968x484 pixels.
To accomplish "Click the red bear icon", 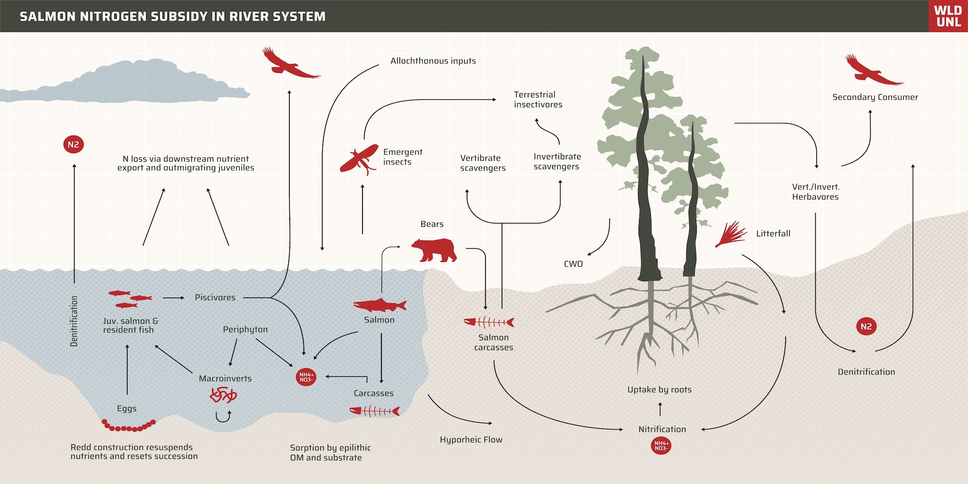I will pyautogui.click(x=434, y=250).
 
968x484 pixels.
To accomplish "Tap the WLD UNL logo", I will pyautogui.click(x=948, y=16).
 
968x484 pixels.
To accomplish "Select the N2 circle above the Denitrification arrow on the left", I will pyautogui.click(x=73, y=145).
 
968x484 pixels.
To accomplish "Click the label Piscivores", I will pyautogui.click(x=215, y=297).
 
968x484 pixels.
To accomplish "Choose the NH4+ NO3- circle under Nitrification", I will pyautogui.click(x=661, y=446).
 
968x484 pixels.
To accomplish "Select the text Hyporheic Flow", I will pyautogui.click(x=471, y=440).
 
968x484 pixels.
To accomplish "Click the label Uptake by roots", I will pyautogui.click(x=659, y=389).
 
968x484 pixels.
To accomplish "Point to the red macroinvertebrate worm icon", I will pyautogui.click(x=223, y=395).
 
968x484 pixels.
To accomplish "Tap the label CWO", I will pyautogui.click(x=573, y=264).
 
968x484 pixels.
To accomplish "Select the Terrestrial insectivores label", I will pyautogui.click(x=538, y=100).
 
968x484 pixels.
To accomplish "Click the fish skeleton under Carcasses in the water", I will pyautogui.click(x=374, y=411).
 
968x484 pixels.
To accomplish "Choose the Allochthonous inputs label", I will pyautogui.click(x=433, y=61).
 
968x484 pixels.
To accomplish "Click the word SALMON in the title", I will pyautogui.click(x=48, y=17).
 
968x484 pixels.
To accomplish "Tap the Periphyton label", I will pyautogui.click(x=245, y=329).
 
